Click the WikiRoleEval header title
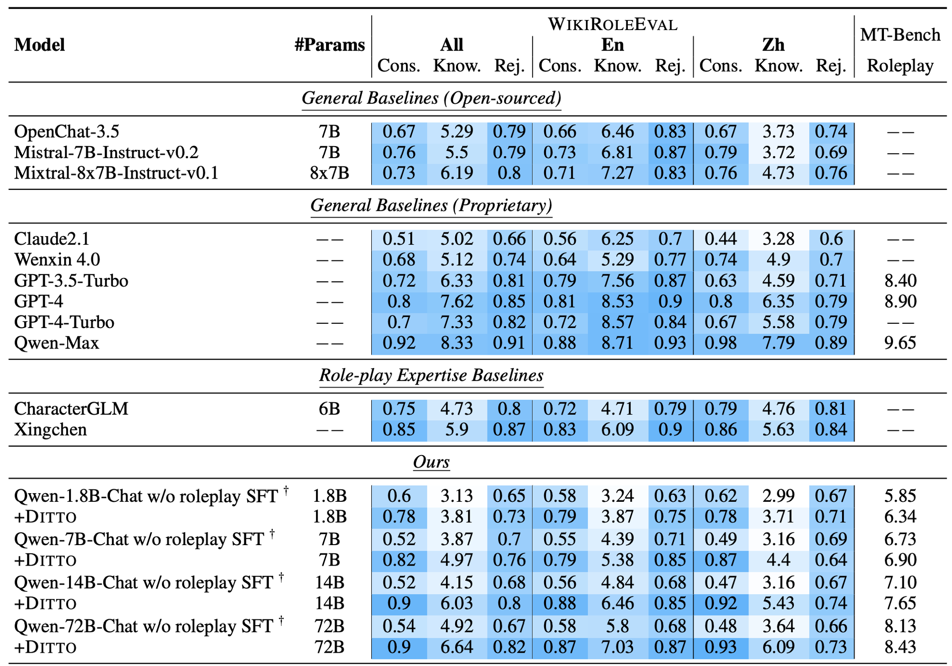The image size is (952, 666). tap(613, 24)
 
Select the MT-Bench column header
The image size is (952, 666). tap(900, 35)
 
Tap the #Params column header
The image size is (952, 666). tap(329, 45)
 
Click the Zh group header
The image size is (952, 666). tap(773, 45)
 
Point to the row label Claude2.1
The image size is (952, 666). tap(52, 239)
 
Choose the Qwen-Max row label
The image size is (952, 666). tap(57, 343)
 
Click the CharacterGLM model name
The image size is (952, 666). tap(71, 408)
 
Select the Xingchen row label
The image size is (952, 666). tap(50, 429)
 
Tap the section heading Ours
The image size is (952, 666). tap(431, 462)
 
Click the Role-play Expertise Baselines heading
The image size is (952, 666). tap(431, 375)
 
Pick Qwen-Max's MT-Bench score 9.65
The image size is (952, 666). tap(900, 343)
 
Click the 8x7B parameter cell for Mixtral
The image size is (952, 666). tap(329, 173)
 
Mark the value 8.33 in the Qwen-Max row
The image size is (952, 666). tap(456, 343)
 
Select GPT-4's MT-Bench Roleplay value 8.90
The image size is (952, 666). tap(900, 301)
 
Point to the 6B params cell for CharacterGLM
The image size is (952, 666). tap(329, 408)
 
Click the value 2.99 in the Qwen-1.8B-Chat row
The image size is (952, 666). tap(779, 496)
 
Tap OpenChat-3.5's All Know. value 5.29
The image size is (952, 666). tap(456, 131)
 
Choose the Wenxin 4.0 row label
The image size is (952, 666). tap(57, 259)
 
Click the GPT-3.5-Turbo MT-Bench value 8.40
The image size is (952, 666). tap(900, 280)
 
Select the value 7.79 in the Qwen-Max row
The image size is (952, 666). tap(779, 343)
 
